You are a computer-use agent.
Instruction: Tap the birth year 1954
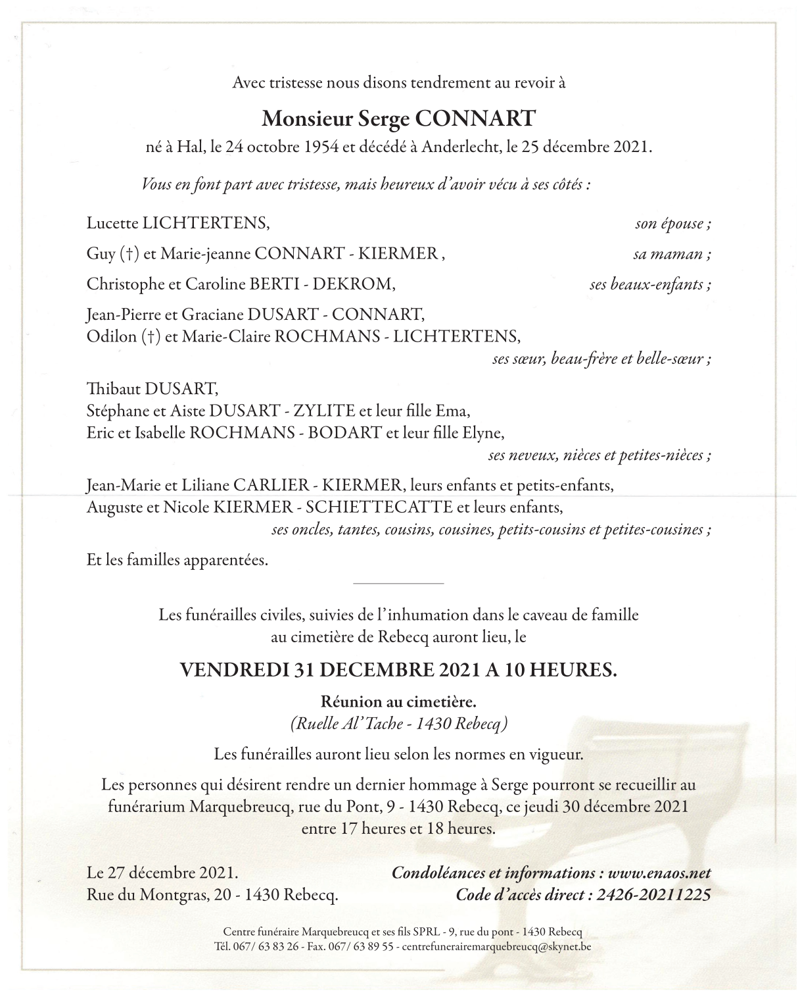pos(321,147)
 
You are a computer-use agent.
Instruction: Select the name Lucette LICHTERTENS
pos(178,223)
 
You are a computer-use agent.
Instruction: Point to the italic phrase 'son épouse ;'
pos(672,224)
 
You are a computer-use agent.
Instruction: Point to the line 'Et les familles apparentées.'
pos(177,561)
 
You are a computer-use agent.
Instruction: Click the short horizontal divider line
pos(398,583)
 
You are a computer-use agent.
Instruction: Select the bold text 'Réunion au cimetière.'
pos(398,700)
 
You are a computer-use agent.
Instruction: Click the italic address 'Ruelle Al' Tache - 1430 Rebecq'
pos(398,723)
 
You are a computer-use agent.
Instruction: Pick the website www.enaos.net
pos(659,873)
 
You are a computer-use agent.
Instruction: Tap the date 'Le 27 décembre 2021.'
pos(162,873)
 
